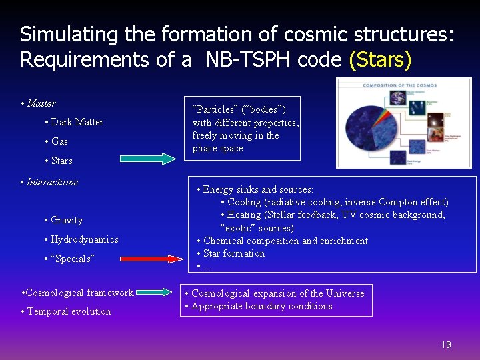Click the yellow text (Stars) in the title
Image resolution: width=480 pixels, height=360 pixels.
click(380, 59)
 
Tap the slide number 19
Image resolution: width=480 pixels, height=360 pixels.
click(446, 345)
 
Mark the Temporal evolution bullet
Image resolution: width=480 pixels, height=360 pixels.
click(69, 311)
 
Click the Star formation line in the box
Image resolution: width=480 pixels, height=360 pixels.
click(234, 253)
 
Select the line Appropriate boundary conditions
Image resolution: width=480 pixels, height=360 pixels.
click(261, 306)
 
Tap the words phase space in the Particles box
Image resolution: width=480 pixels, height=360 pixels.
click(218, 148)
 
